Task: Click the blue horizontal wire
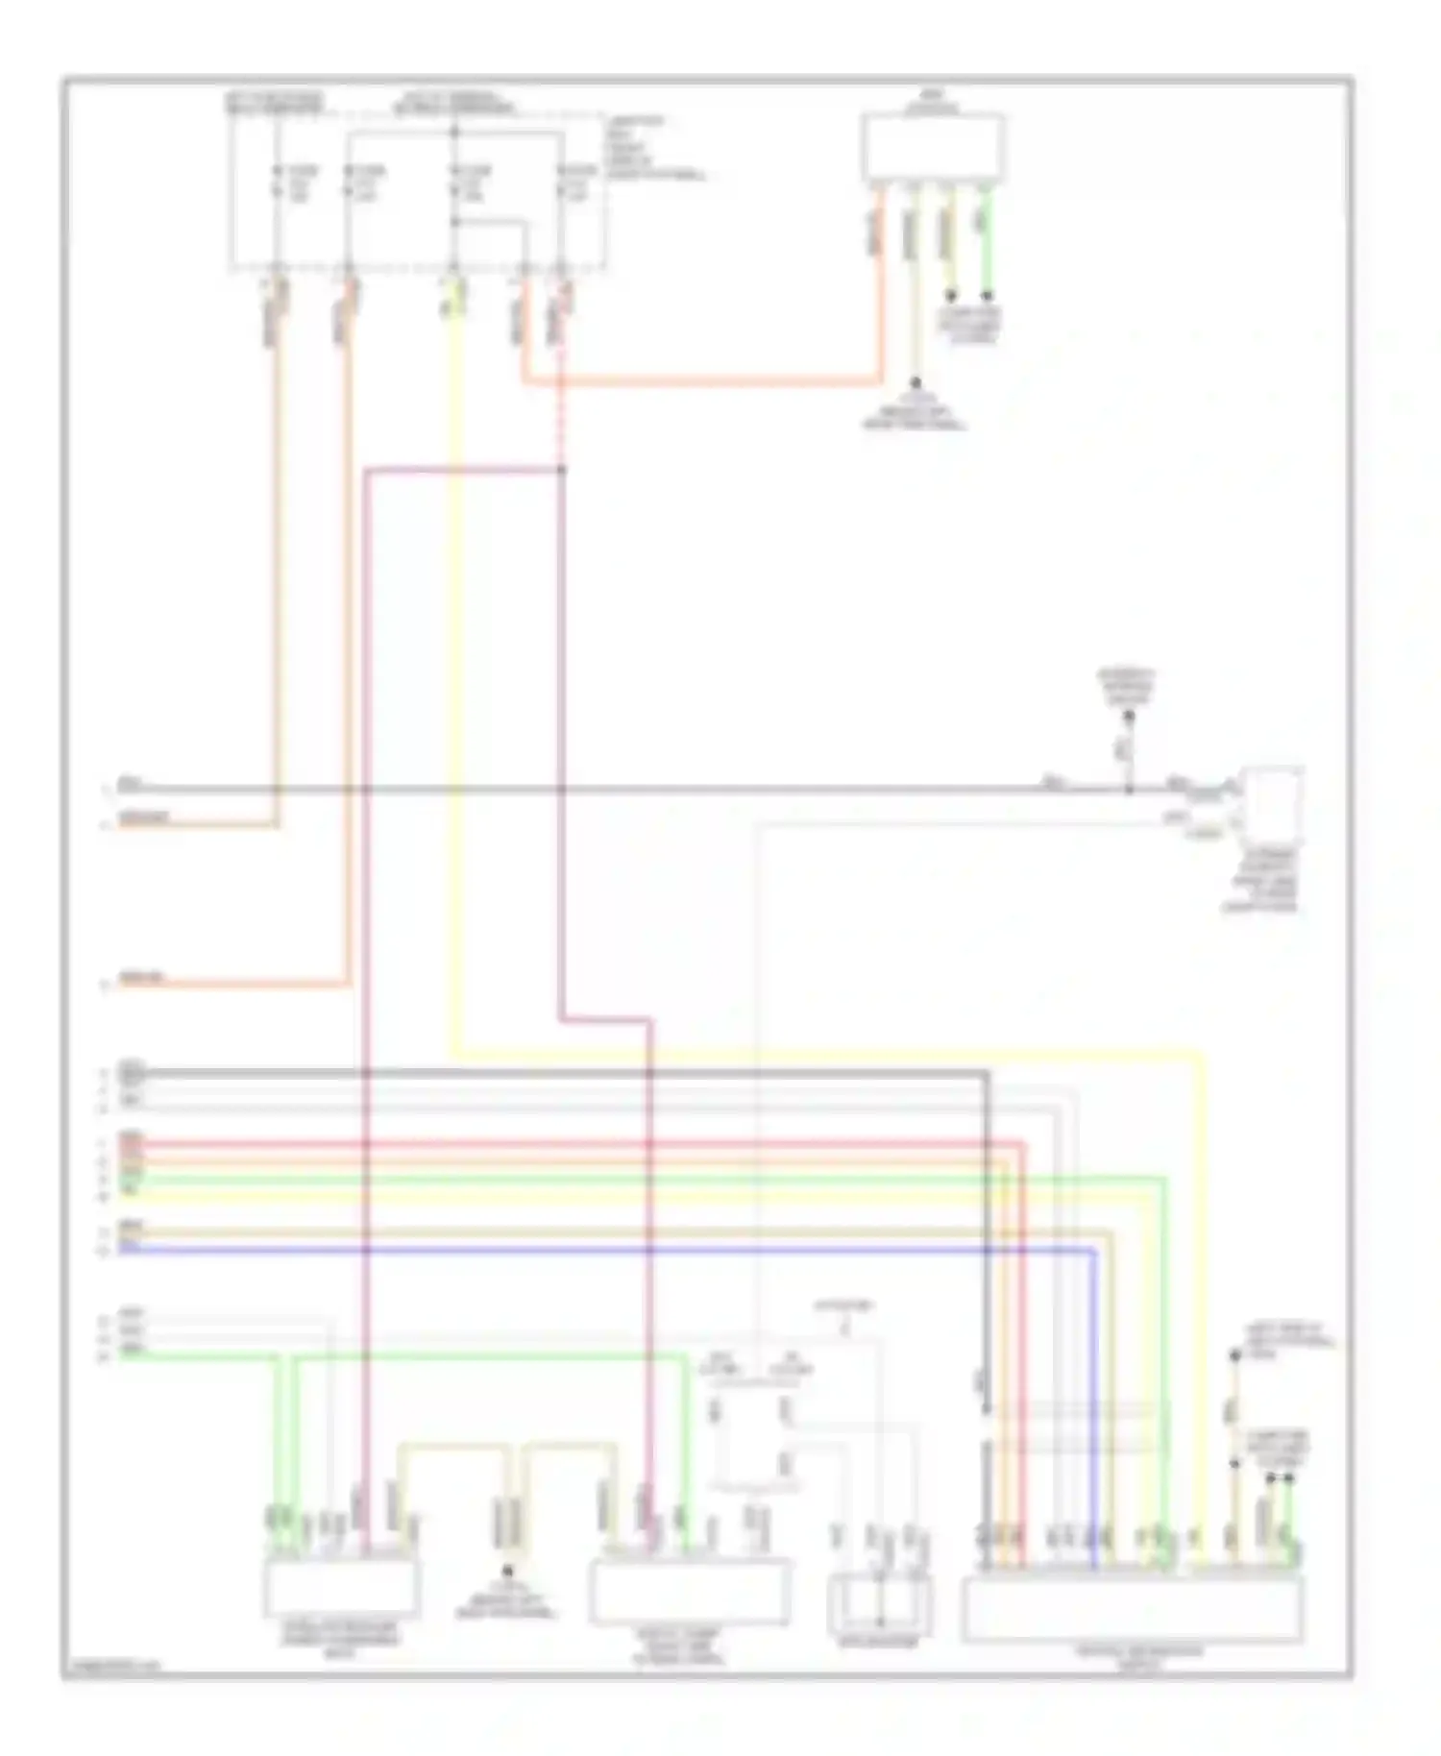(x=576, y=1250)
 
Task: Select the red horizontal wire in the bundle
(x=576, y=1144)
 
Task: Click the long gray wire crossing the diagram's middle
(x=672, y=790)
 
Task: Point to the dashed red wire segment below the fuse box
(x=561, y=413)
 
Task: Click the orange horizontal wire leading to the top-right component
(x=701, y=382)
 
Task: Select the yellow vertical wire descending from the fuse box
(x=454, y=672)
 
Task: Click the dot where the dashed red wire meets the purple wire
(x=561, y=470)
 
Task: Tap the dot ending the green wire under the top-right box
(x=987, y=296)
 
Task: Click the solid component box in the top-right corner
(x=933, y=147)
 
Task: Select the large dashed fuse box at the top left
(x=418, y=192)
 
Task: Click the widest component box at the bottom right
(x=1133, y=1610)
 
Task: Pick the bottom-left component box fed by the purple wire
(x=341, y=1587)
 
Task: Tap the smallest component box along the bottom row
(x=879, y=1604)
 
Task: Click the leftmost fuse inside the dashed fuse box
(x=277, y=183)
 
